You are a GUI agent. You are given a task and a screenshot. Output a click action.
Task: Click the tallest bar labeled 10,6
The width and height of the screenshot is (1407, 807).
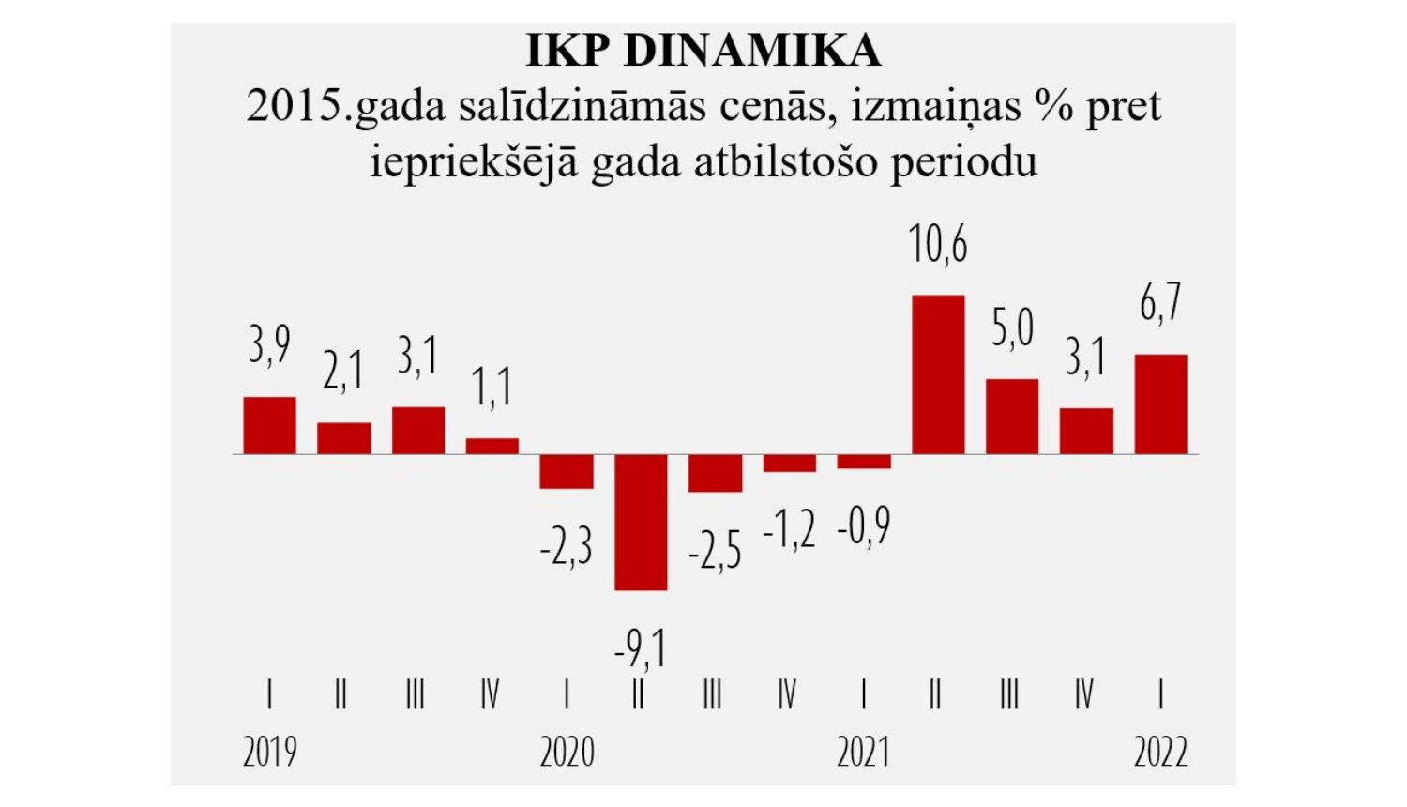938,374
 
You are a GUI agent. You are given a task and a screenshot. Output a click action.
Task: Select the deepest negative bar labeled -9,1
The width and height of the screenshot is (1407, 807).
641,522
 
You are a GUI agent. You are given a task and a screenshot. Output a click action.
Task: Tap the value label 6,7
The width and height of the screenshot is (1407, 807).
1160,303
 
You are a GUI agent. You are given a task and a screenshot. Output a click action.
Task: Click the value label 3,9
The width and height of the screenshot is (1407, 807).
269,345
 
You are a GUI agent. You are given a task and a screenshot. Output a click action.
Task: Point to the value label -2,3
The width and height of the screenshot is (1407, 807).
566,546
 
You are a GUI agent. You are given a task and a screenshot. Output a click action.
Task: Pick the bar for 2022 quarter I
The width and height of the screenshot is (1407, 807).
1160,404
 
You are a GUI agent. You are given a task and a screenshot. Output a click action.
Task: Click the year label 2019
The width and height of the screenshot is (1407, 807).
269,753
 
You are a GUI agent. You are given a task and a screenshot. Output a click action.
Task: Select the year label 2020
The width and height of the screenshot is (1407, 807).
567,753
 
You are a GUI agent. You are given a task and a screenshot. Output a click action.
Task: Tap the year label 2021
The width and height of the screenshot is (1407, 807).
863,753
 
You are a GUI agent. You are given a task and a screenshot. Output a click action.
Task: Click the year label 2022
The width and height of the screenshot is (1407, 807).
1160,753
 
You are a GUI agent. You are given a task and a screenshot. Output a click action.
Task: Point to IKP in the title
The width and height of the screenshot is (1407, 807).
567,51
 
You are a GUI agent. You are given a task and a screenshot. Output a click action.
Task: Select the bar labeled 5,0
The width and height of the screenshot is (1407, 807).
1012,417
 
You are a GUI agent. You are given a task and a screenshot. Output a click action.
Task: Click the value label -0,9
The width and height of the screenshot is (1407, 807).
863,527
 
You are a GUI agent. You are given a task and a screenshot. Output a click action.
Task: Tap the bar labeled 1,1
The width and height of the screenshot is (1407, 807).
492,447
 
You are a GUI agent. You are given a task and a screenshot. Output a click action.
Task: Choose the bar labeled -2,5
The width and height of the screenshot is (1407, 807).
715,473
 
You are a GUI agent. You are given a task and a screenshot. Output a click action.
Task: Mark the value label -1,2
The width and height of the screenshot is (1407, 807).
789,531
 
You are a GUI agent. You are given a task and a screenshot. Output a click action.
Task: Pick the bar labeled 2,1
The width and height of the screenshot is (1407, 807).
343,438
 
